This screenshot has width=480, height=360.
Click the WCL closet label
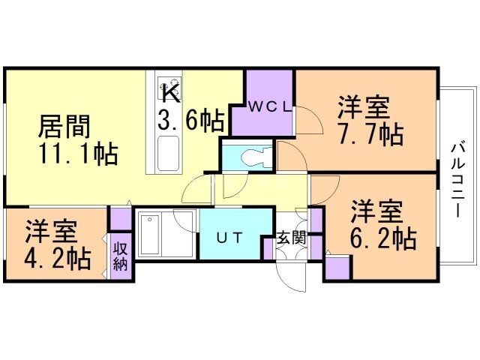pos(265,106)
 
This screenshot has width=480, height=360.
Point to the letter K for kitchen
pos(172,95)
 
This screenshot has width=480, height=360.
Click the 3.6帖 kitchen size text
pos(192,120)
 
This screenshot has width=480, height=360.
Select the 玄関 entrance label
pos(291,238)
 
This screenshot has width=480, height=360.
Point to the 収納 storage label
pos(120,256)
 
